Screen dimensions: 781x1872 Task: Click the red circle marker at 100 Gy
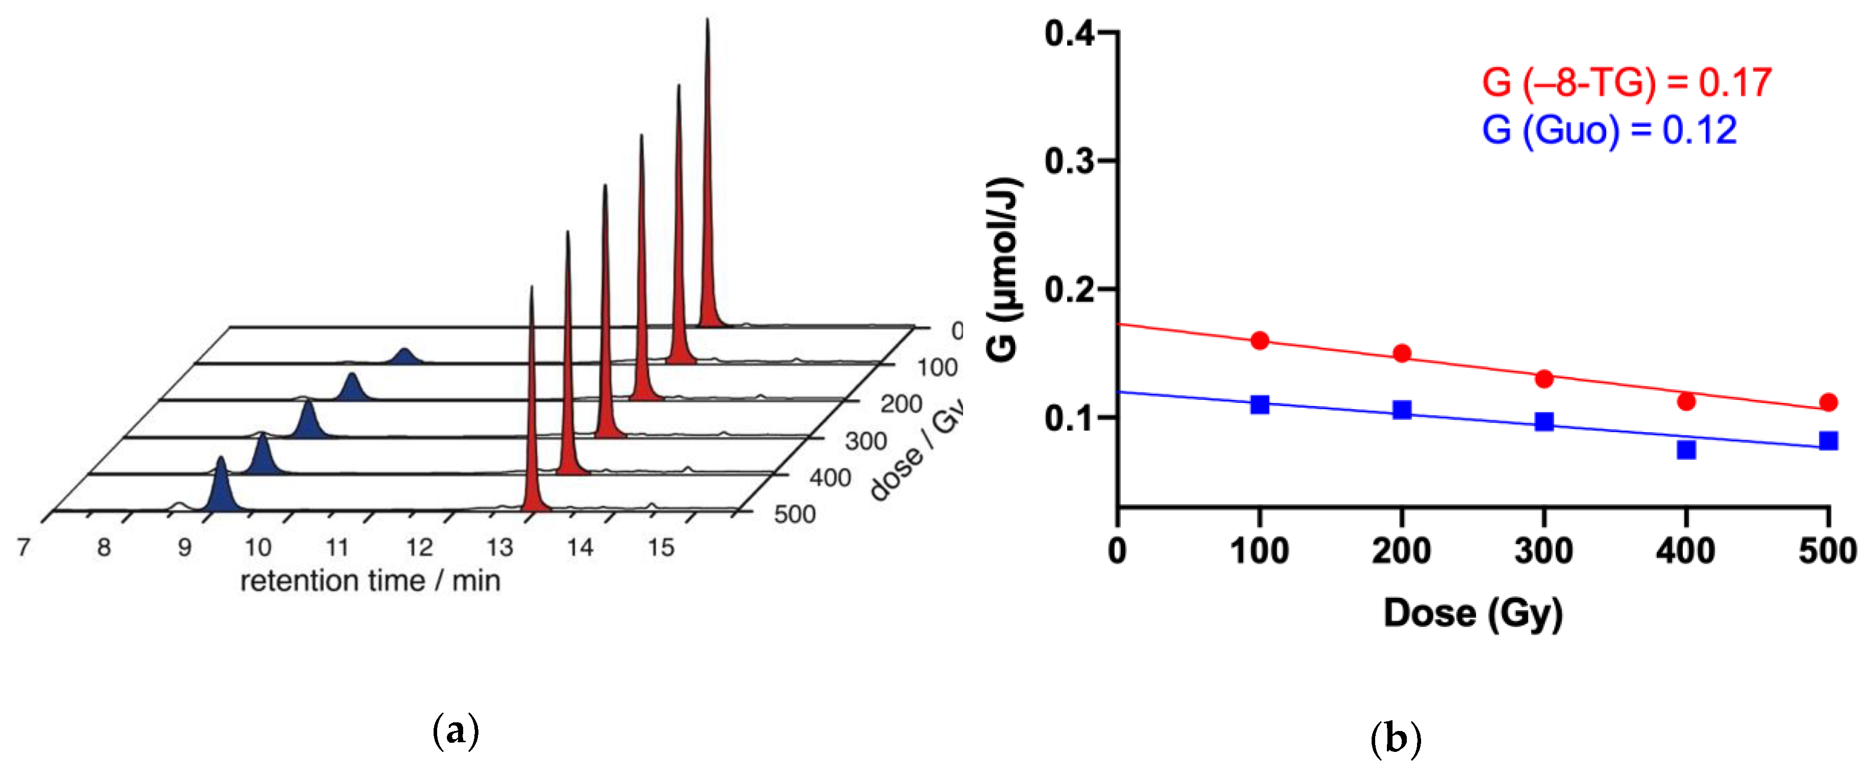click(1259, 341)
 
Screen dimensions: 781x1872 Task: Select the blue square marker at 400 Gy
click(1686, 450)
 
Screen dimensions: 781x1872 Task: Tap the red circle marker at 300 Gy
click(1544, 379)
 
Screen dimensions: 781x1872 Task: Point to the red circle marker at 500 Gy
click(1829, 402)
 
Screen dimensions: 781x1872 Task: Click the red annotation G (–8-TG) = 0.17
click(1626, 82)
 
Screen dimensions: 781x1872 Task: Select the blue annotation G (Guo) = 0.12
click(1609, 130)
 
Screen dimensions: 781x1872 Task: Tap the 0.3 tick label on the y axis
click(1069, 161)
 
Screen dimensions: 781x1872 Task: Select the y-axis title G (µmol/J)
click(1003, 268)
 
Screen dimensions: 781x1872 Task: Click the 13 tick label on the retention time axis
click(499, 547)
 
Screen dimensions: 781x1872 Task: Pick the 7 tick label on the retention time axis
click(24, 547)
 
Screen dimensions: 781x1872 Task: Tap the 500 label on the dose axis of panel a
click(794, 514)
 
